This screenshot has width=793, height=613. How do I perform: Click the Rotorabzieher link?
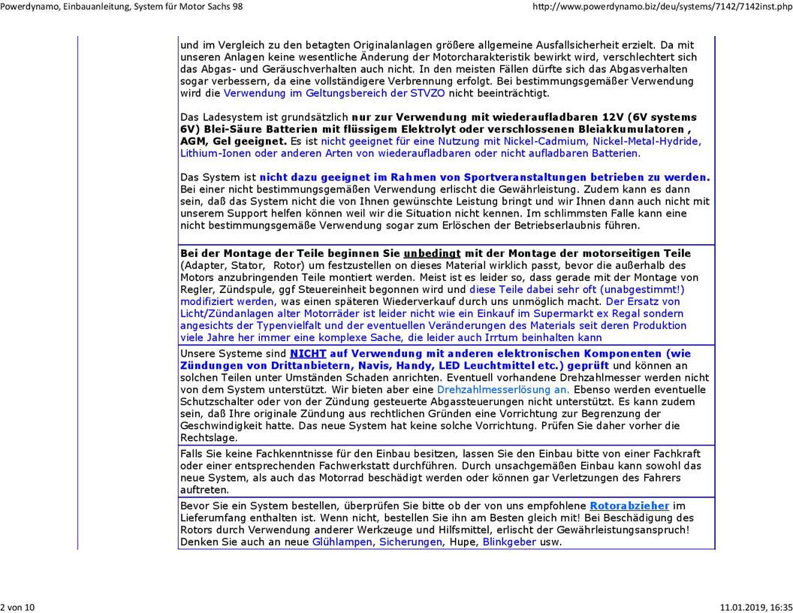click(629, 506)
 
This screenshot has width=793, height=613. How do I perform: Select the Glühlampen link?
click(342, 542)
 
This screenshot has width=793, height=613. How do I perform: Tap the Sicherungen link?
click(410, 542)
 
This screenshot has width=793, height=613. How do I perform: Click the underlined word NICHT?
click(307, 354)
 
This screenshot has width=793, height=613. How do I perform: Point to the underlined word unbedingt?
click(432, 254)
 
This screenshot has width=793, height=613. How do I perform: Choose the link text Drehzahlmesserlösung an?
click(502, 390)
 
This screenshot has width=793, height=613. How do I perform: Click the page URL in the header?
click(662, 7)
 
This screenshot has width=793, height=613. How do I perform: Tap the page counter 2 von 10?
click(17, 607)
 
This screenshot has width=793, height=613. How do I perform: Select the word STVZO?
click(427, 94)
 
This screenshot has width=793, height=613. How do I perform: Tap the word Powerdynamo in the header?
click(29, 7)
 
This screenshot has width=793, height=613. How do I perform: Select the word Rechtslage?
click(209, 438)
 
